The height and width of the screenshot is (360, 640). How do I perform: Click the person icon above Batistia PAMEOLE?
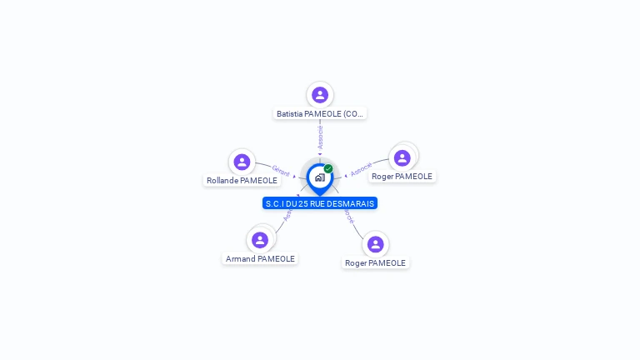(x=320, y=95)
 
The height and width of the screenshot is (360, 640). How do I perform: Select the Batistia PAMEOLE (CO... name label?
(x=320, y=113)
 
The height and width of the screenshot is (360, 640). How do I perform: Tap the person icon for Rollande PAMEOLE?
(x=242, y=162)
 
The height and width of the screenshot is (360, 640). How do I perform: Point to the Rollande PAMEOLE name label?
(x=242, y=180)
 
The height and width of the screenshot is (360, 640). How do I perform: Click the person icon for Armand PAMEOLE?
(x=260, y=240)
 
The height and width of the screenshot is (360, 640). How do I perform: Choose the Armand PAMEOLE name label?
(x=260, y=258)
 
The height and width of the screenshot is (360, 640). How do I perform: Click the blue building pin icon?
(x=319, y=177)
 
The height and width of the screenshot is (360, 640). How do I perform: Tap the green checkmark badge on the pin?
(x=328, y=168)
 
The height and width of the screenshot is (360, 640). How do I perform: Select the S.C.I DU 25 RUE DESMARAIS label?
(x=320, y=203)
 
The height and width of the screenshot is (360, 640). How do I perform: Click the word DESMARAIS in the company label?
(x=354, y=203)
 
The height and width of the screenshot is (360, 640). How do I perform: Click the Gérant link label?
(x=281, y=171)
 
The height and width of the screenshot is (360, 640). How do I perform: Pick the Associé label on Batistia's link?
(x=321, y=137)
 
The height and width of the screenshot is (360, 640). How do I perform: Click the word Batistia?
(x=290, y=113)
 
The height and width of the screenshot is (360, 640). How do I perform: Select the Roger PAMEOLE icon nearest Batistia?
(x=402, y=158)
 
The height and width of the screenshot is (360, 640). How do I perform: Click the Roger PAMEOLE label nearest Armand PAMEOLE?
(x=375, y=262)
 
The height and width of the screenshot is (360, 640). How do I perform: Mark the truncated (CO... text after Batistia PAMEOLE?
(x=352, y=113)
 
